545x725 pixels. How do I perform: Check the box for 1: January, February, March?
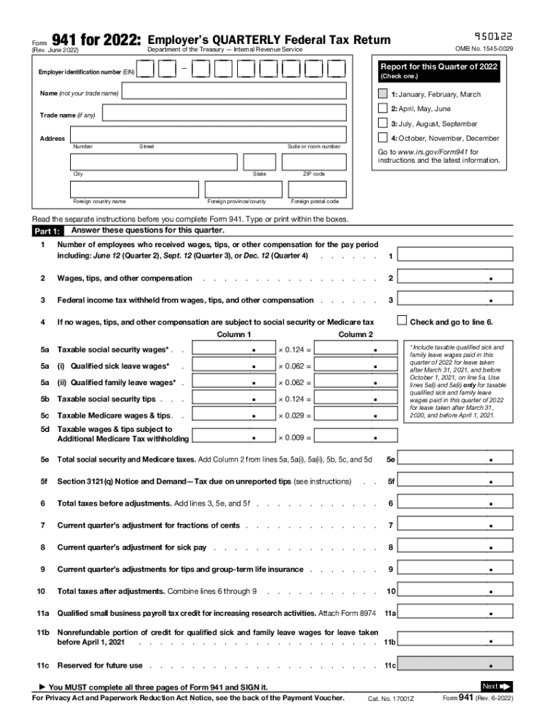point(383,94)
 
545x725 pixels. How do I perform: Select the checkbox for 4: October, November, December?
point(383,138)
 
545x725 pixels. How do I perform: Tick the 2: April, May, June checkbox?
point(383,109)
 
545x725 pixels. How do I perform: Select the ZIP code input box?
point(314,162)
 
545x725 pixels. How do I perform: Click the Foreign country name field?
point(134,189)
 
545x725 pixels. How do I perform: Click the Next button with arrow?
point(495,686)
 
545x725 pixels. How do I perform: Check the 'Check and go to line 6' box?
point(403,321)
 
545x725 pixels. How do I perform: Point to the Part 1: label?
point(48,232)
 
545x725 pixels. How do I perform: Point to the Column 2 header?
point(355,334)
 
